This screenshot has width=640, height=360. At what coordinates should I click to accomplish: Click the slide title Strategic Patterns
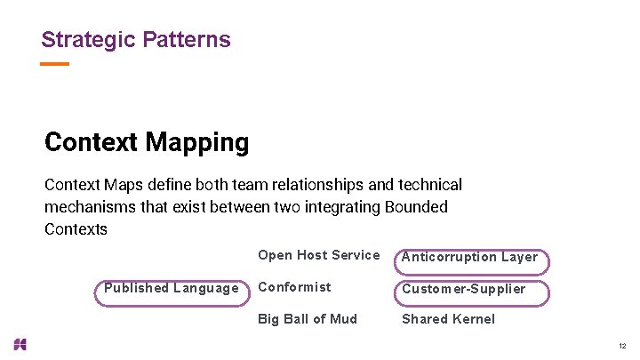click(x=135, y=40)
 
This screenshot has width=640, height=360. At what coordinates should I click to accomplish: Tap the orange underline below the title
click(x=55, y=64)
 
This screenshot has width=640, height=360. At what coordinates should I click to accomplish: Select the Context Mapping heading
click(x=147, y=142)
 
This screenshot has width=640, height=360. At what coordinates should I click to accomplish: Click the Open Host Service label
click(x=318, y=255)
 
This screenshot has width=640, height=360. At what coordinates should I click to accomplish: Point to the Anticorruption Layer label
click(x=469, y=257)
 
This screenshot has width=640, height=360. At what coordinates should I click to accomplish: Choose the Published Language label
click(x=171, y=288)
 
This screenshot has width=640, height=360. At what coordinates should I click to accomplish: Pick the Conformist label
click(x=294, y=287)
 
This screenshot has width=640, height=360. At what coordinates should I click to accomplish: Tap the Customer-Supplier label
click(x=463, y=289)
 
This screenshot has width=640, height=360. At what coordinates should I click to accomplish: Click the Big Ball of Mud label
click(x=307, y=319)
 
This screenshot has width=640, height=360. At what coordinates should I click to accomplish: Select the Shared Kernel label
click(x=448, y=319)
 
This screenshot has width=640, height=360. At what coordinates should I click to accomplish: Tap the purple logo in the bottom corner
click(x=20, y=344)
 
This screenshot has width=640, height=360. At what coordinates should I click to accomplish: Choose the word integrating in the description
click(x=342, y=207)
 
